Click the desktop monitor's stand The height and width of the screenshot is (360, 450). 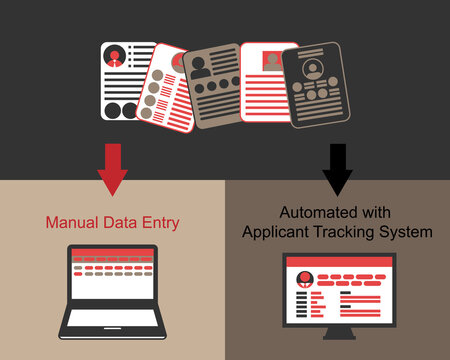tap(337, 333)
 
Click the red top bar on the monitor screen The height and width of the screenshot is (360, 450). tap(337, 262)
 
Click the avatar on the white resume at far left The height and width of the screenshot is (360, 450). tap(116, 56)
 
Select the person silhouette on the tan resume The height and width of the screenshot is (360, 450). tap(200, 65)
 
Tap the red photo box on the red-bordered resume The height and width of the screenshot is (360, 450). tap(271, 61)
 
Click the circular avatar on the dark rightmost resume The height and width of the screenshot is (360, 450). tap(314, 70)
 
